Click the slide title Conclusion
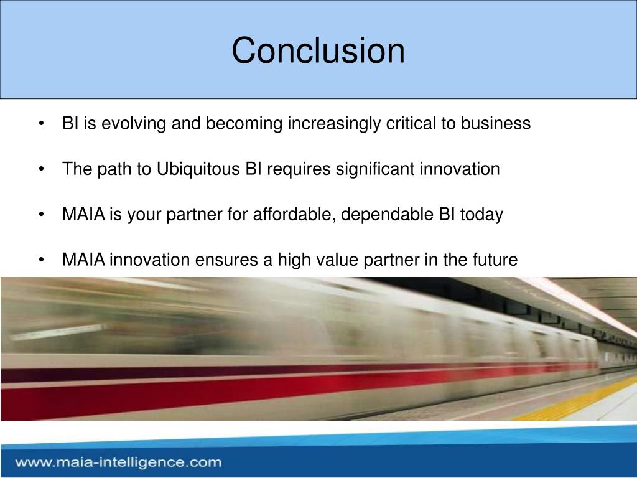[x=318, y=50]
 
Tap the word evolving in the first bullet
[x=134, y=124]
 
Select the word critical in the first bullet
[x=411, y=123]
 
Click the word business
[x=496, y=123]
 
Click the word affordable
[x=294, y=214]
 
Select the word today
[x=481, y=215]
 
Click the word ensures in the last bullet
[x=226, y=260]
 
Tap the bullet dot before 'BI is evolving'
[x=41, y=124]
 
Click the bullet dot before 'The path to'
[x=41, y=169]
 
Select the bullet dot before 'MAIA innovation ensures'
[x=41, y=260]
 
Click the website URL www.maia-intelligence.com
[x=118, y=462]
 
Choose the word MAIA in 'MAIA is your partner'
[x=84, y=214]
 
